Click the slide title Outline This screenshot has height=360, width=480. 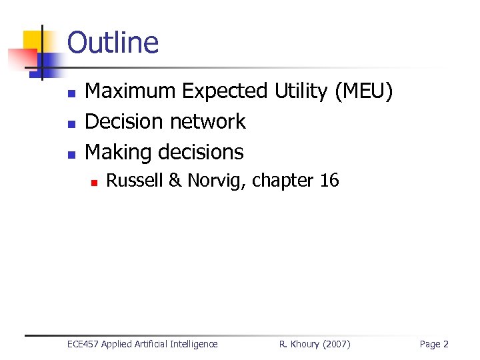113,43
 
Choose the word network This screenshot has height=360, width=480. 208,121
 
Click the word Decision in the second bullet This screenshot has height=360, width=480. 125,121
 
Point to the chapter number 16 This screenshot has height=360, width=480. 329,180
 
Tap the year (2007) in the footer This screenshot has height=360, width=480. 335,344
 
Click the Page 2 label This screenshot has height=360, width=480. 434,344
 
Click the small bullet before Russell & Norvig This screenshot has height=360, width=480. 95,181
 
